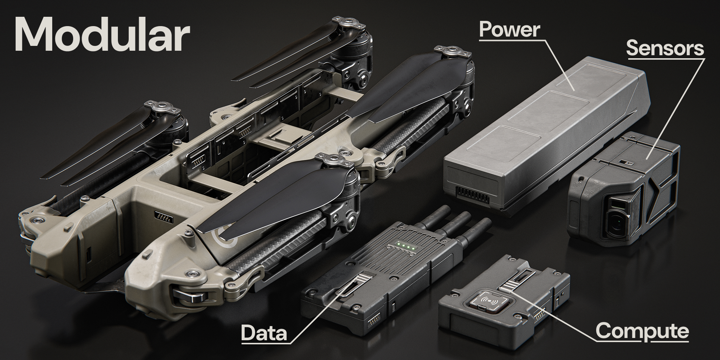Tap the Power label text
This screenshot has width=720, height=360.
click(x=510, y=29)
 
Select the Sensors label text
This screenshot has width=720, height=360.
click(x=665, y=48)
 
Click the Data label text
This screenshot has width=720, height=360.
click(x=264, y=333)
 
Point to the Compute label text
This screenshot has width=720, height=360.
click(x=642, y=331)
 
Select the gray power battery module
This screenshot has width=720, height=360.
click(x=545, y=136)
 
